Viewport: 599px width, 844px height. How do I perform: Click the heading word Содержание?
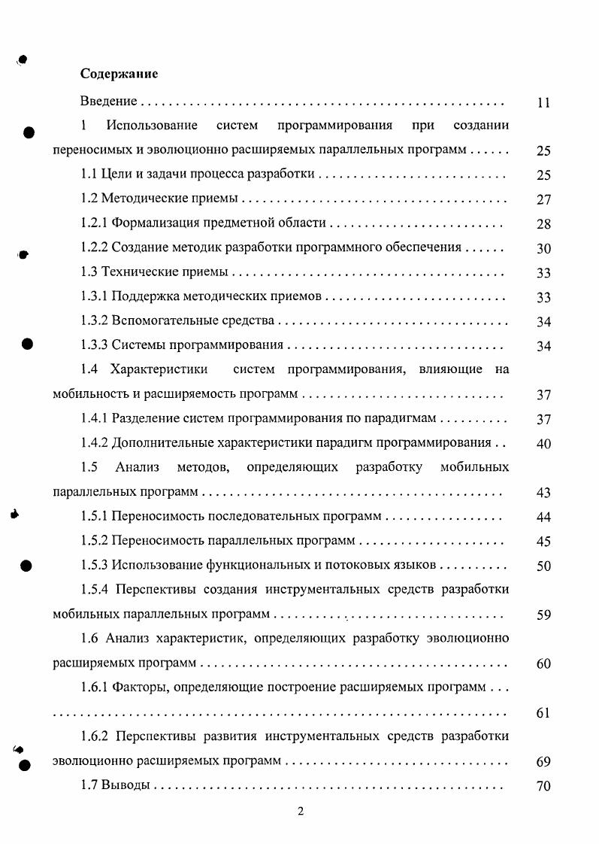coord(119,74)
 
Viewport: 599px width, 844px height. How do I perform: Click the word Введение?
coord(108,101)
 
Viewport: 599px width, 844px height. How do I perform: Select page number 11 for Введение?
coord(544,103)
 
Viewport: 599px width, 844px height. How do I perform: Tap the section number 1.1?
coord(89,174)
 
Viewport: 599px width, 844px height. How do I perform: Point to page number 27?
coord(544,200)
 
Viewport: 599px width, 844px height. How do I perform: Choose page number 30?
coord(544,249)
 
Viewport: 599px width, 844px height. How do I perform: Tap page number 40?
coord(544,444)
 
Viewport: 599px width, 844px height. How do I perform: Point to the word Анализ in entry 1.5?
coord(137,467)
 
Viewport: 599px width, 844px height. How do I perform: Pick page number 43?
coord(544,493)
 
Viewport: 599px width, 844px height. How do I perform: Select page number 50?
coord(544,566)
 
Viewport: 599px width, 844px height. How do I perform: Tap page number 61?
coord(544,713)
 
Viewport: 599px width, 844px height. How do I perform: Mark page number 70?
coord(544,787)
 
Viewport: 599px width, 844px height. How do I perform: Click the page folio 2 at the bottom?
coord(300,812)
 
